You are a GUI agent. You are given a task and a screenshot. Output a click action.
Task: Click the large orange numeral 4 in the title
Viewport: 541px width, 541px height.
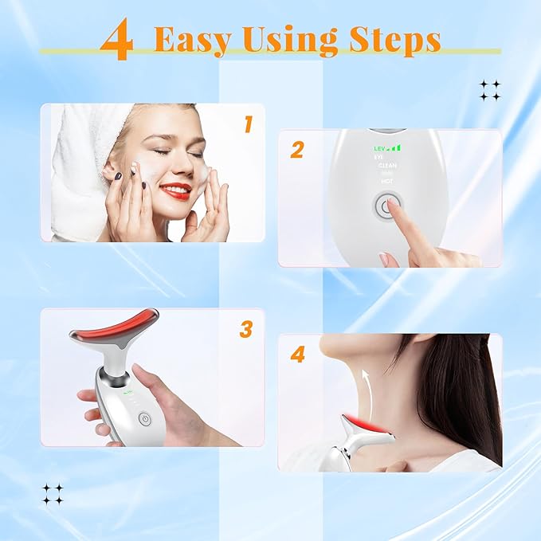[117, 42]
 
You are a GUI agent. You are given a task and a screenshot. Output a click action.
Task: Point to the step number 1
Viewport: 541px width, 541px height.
[248, 124]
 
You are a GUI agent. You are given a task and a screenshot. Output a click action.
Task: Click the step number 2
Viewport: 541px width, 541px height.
[297, 150]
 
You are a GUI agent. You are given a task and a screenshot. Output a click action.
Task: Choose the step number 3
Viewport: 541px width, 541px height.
[246, 328]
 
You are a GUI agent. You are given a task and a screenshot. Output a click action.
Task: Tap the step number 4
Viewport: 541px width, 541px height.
[297, 355]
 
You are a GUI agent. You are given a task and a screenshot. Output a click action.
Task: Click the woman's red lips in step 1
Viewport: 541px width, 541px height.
[174, 191]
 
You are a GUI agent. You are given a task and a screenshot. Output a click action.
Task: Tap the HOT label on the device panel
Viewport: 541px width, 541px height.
[387, 182]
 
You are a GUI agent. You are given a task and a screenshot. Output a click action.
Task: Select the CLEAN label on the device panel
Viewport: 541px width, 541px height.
[387, 166]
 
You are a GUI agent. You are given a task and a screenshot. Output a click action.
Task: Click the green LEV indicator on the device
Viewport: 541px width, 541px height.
[380, 148]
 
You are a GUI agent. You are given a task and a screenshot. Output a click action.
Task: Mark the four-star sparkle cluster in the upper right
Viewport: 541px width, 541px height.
[490, 90]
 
